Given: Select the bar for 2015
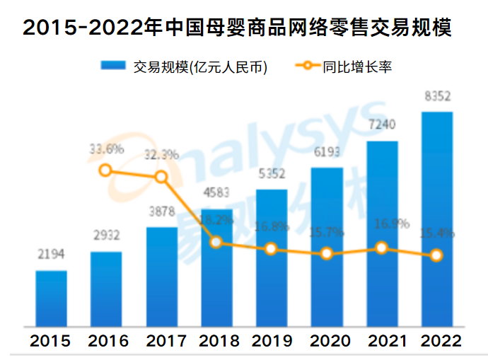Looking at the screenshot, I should [52, 298].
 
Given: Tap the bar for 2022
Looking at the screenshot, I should [436, 219].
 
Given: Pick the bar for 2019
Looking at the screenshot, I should [271, 258].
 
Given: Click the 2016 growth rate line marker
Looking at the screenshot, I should [106, 170].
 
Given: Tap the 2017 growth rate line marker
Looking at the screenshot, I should [161, 177].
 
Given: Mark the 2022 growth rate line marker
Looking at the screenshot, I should [436, 255].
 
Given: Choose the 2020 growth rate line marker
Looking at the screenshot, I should [326, 253].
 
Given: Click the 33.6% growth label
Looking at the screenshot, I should [107, 149].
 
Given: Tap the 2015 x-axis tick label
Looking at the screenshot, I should [50, 341].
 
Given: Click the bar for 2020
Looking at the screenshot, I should [326, 248].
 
